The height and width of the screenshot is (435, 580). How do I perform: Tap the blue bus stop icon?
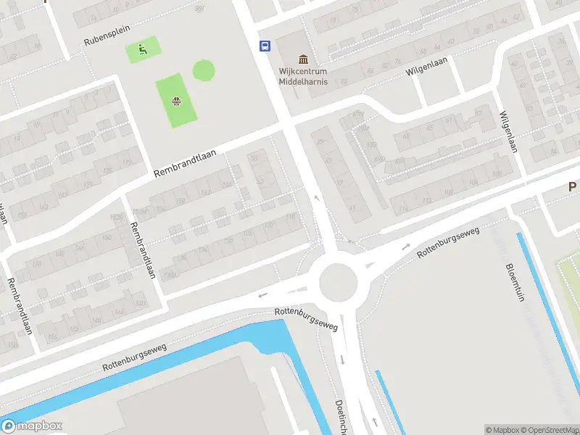[x=265, y=46]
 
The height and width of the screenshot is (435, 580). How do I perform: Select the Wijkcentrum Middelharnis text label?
[x=303, y=76]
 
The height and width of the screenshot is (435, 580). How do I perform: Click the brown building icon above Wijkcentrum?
[x=303, y=59]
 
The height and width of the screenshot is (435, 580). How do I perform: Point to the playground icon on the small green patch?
[x=143, y=50]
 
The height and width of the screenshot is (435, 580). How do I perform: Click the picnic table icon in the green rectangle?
[x=176, y=101]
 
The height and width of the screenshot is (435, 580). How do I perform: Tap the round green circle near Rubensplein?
[x=204, y=70]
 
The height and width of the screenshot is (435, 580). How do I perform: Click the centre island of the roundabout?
[x=338, y=279]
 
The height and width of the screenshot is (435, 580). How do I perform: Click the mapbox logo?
[x=32, y=426]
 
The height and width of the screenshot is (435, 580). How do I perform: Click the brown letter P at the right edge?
[x=573, y=187]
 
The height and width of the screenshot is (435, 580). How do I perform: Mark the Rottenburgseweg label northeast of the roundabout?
[x=449, y=242]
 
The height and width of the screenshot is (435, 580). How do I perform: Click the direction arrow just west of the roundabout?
[x=262, y=295]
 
